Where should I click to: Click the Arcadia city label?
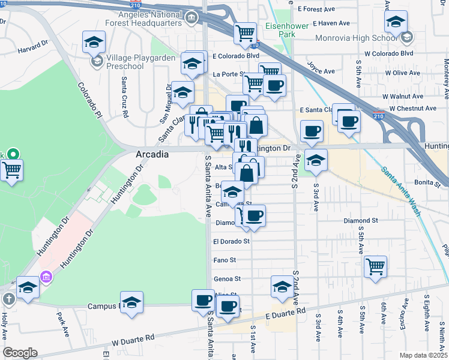152,154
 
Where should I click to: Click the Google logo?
20,353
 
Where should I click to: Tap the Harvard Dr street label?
32,47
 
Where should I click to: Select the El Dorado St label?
231,242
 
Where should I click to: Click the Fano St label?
224,260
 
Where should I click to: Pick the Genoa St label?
227,279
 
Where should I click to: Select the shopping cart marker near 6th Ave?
375,266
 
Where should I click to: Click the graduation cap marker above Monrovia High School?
396,23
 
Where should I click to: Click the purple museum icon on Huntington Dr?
46,277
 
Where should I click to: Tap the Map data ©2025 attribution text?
423,355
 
